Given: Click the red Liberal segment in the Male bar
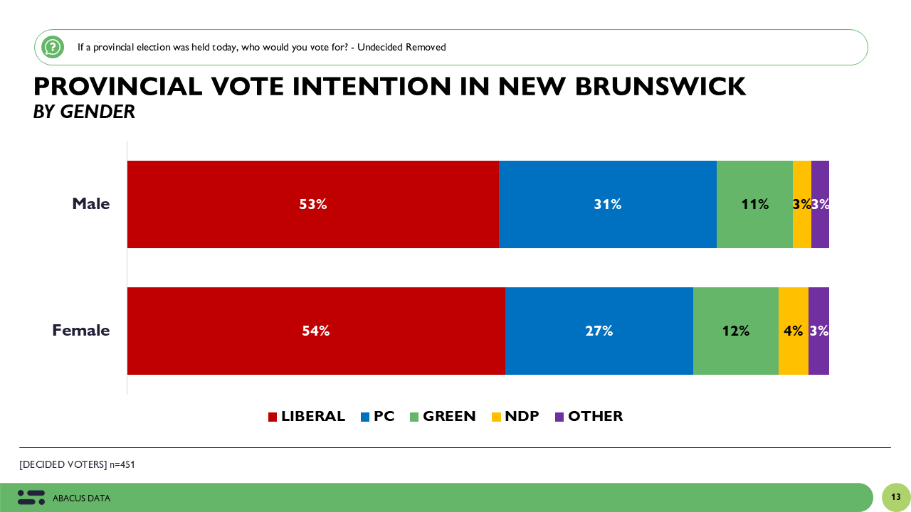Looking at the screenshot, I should click(x=313, y=204).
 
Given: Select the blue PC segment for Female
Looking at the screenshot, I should click(x=599, y=331).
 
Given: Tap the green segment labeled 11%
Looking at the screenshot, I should click(x=754, y=204).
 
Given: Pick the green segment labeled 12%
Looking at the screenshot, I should click(x=735, y=331).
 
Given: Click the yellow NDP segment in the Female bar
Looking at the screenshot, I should click(x=793, y=331).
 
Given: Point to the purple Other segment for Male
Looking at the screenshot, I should click(x=820, y=204).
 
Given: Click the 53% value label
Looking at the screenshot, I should click(x=313, y=204).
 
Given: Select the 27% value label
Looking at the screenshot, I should click(x=599, y=331).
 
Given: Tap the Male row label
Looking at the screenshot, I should click(x=91, y=204).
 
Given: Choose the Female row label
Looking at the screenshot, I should click(x=81, y=331).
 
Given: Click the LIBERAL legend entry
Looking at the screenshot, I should click(x=307, y=417).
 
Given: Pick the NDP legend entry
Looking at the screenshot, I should click(x=515, y=417).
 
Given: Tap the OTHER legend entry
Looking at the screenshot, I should click(x=589, y=417).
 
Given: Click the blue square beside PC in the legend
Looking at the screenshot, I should click(x=365, y=417).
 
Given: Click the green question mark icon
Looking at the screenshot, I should click(x=53, y=47).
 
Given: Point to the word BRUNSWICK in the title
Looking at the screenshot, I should click(x=660, y=87).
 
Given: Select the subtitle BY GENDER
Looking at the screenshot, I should click(x=84, y=112).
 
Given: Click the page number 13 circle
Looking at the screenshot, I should click(x=895, y=497).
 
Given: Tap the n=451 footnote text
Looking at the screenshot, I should click(x=122, y=465).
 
